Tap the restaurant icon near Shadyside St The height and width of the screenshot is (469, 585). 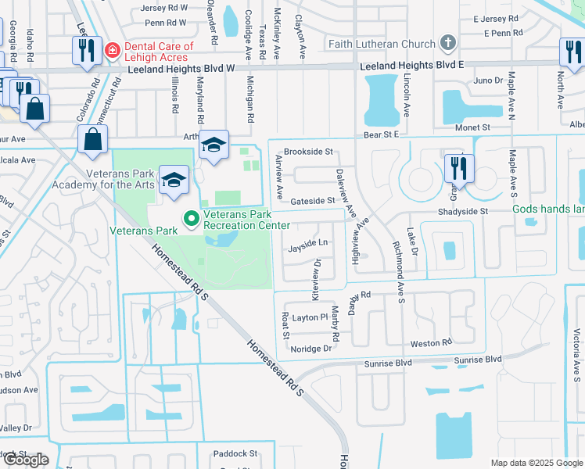point(459,168)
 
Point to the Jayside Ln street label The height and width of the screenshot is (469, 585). point(307,243)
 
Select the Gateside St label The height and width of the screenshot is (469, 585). point(312,201)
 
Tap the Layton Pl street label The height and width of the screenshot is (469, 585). point(311,317)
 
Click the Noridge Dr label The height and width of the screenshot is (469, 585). point(311,348)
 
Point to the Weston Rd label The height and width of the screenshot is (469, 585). point(431,343)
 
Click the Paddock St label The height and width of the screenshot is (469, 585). point(235,453)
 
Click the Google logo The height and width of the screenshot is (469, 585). point(25,460)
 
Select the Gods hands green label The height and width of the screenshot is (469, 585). point(548,209)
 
